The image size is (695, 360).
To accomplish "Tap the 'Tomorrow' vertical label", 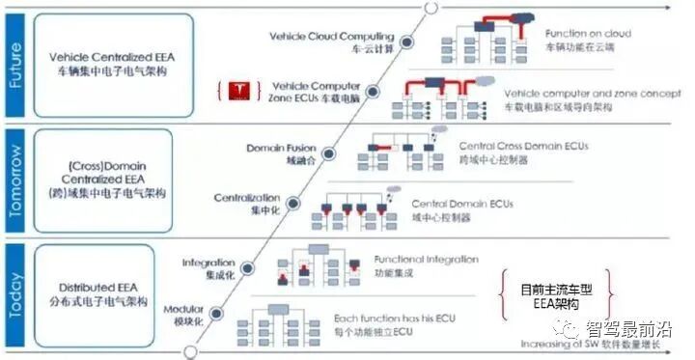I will [14, 184].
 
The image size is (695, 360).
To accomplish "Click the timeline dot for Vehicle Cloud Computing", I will [407, 42].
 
